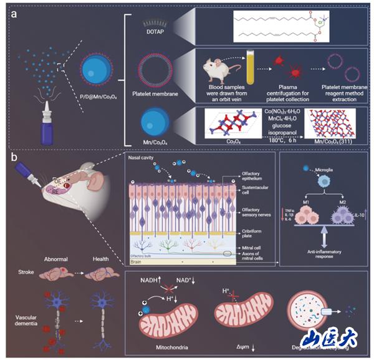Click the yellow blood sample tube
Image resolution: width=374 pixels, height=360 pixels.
(252, 66)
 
